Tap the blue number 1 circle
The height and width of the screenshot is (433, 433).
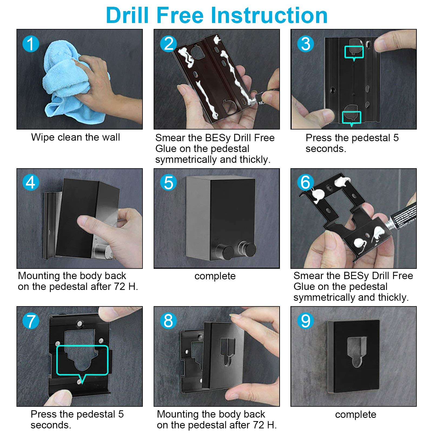coord(31,44)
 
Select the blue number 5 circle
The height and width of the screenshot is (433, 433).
coord(168,183)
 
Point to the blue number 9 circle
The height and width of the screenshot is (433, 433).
coord(306,321)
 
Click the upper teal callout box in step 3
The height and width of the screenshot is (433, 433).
coord(354,53)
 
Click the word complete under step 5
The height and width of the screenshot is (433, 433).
coord(215,276)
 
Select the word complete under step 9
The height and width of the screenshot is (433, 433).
coord(356,415)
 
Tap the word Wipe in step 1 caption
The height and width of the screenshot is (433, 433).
coord(43,137)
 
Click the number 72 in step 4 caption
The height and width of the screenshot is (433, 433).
coord(119,287)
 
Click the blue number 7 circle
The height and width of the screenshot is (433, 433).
coord(31,321)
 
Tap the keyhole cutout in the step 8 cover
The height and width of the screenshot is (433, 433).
coord(227,352)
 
